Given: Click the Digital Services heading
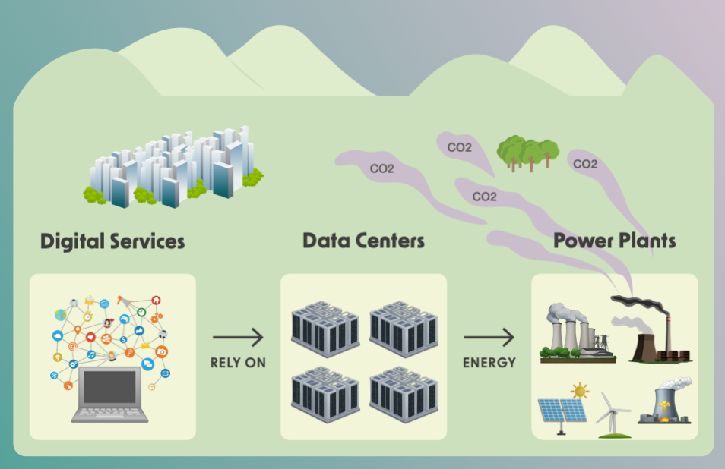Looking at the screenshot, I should (112, 241).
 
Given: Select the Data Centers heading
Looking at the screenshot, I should (363, 241).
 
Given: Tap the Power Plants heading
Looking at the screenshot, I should (614, 241).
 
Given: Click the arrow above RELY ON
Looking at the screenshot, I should (238, 337).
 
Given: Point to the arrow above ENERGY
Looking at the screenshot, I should (489, 337).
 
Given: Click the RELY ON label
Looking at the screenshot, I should (238, 363).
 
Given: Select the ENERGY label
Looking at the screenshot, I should (489, 363).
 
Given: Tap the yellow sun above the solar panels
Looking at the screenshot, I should (581, 392).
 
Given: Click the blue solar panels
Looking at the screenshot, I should (563, 412).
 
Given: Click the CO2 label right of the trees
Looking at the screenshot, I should (584, 164).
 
